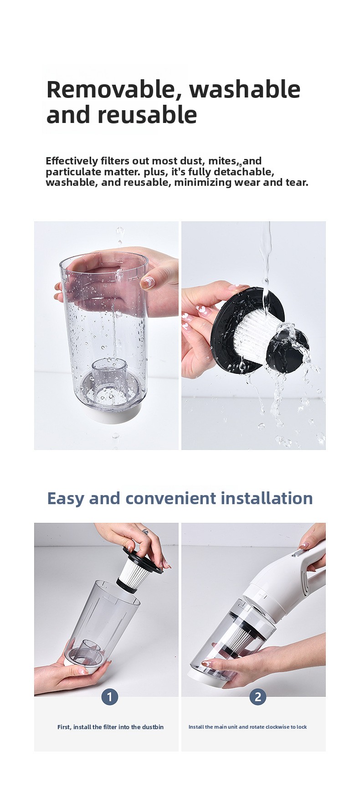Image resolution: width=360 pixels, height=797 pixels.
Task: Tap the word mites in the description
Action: coord(222,161)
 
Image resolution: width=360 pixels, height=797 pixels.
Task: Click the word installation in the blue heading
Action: coord(267,498)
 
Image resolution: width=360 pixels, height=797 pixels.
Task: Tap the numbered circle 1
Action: coord(110,697)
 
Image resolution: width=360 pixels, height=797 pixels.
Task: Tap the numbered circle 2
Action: coord(258,697)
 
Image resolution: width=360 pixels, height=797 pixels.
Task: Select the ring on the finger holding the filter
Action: coord(145,531)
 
